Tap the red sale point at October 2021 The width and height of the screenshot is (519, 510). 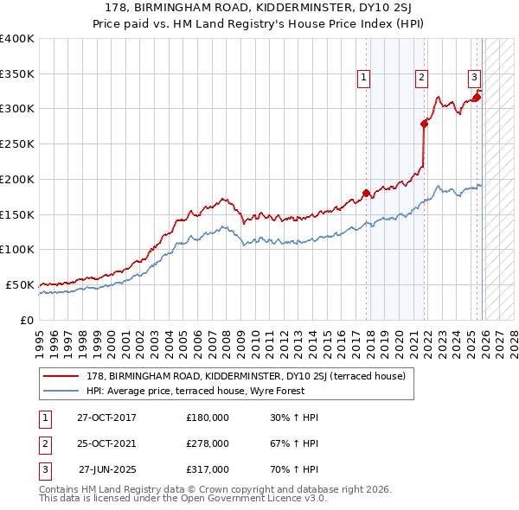424,124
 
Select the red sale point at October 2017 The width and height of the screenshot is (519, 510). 366,193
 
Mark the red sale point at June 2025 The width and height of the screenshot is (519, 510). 477,97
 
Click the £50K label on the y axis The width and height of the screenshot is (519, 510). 21,284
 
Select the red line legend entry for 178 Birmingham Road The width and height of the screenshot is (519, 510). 251,376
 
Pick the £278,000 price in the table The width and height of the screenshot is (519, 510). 208,443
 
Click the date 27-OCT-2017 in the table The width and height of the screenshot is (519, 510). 106,418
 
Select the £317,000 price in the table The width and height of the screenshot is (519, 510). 208,469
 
